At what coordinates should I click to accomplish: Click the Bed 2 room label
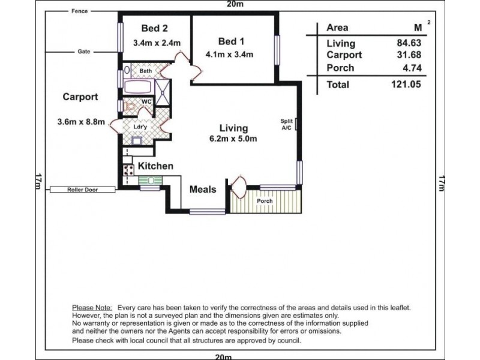pyautogui.click(x=155, y=28)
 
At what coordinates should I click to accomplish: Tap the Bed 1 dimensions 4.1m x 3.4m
pyautogui.click(x=229, y=55)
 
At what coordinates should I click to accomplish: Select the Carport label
pyautogui.click(x=80, y=97)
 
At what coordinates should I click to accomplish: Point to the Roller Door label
pyautogui.click(x=83, y=190)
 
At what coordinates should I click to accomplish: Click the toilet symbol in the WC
pyautogui.click(x=130, y=107)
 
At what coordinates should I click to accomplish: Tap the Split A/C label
pyautogui.click(x=287, y=124)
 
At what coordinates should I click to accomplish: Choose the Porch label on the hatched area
pyautogui.click(x=265, y=201)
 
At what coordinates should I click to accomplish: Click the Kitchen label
pyautogui.click(x=155, y=166)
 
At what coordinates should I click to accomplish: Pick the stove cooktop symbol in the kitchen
pyautogui.click(x=128, y=170)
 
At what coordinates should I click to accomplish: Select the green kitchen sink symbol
pyautogui.click(x=151, y=181)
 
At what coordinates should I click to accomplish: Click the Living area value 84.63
pyautogui.click(x=409, y=43)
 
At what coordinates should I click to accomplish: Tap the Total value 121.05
pyautogui.click(x=406, y=84)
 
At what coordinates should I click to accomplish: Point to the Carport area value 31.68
pyautogui.click(x=409, y=55)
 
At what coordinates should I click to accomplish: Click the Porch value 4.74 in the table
pyautogui.click(x=412, y=68)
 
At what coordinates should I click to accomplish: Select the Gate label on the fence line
pyautogui.click(x=84, y=52)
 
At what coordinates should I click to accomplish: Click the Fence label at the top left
pyautogui.click(x=80, y=11)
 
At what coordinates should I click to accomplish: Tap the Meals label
pyautogui.click(x=203, y=189)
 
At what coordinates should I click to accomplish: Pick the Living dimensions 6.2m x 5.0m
pyautogui.click(x=233, y=139)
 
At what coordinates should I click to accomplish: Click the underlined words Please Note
pyautogui.click(x=92, y=308)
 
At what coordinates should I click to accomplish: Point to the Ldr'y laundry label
pyautogui.click(x=140, y=127)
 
